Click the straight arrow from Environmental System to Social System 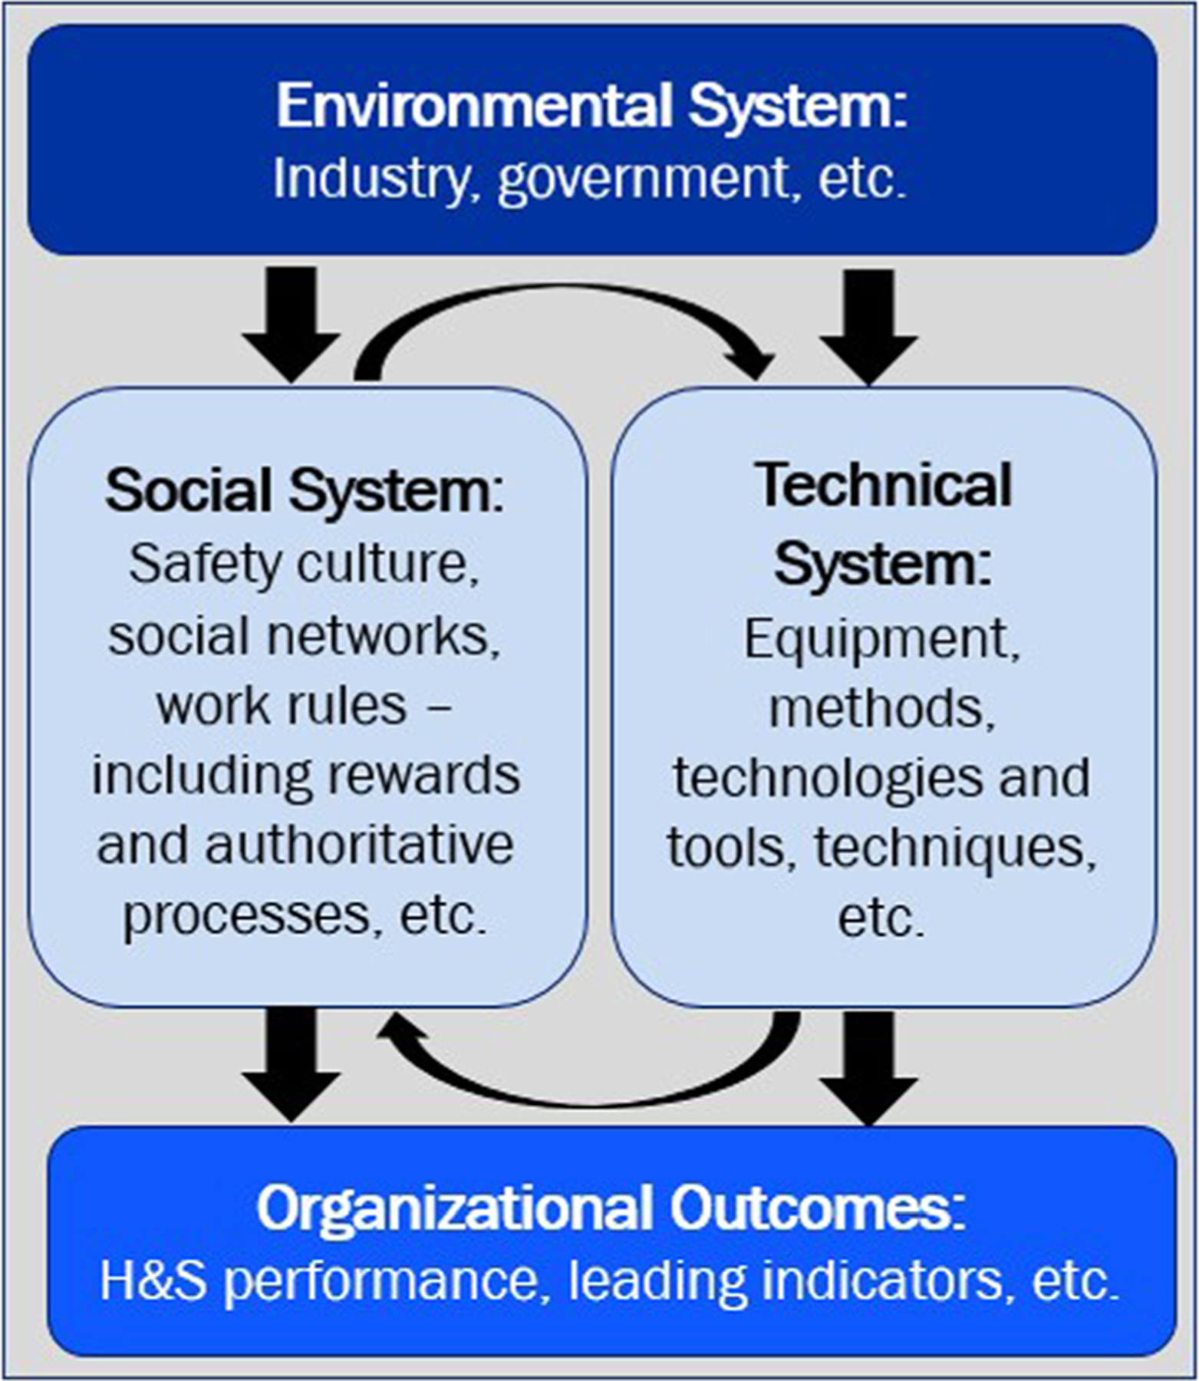tap(291, 322)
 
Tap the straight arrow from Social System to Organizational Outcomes tap(291, 1063)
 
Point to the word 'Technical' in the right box tap(884, 485)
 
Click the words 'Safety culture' tap(304, 564)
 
